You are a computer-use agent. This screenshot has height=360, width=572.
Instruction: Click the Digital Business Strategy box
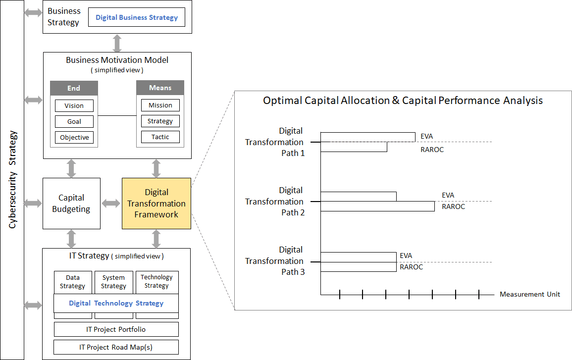[x=137, y=17]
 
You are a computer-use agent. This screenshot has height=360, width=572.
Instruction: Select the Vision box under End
[x=74, y=106]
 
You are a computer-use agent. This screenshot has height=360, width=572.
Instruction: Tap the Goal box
[x=74, y=121]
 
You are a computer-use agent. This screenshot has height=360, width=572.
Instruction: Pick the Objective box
[x=74, y=137]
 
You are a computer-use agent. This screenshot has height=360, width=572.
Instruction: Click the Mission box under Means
[x=160, y=105]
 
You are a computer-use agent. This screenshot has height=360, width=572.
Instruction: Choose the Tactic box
[x=160, y=137]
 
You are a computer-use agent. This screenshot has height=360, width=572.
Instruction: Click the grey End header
[x=74, y=88]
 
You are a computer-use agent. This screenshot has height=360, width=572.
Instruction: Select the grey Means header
[x=160, y=88]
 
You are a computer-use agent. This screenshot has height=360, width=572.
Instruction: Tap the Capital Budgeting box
[x=71, y=204]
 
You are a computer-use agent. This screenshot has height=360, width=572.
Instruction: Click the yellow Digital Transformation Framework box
[x=156, y=204]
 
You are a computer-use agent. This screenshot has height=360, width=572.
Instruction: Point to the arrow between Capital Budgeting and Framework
[x=111, y=204]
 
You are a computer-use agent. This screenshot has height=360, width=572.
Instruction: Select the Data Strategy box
[x=73, y=282]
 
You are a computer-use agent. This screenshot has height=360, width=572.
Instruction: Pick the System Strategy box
[x=113, y=282]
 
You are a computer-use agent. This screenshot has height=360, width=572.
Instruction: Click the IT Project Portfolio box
[x=116, y=329]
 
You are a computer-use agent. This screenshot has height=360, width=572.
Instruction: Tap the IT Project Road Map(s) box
[x=116, y=347]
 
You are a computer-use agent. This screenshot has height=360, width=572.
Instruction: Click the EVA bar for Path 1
[x=367, y=137]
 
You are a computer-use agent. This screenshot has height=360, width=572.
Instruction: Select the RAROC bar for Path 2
[x=377, y=206]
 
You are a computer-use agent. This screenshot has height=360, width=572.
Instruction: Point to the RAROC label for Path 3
[x=412, y=267]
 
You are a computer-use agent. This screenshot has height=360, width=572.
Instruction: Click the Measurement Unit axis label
[x=530, y=294]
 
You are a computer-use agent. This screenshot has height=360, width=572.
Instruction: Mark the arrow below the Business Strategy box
[x=117, y=43]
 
